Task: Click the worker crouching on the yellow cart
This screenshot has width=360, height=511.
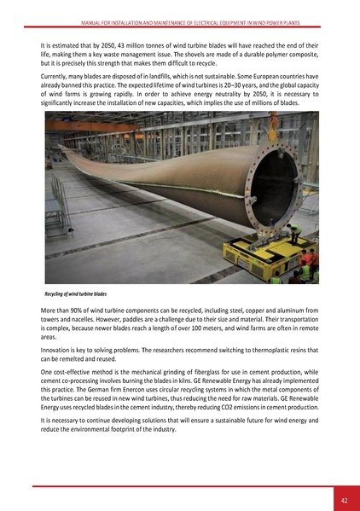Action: [x=293, y=233]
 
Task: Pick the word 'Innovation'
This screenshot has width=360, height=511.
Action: [x=58, y=351]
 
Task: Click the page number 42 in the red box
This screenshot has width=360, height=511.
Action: [x=343, y=500]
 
